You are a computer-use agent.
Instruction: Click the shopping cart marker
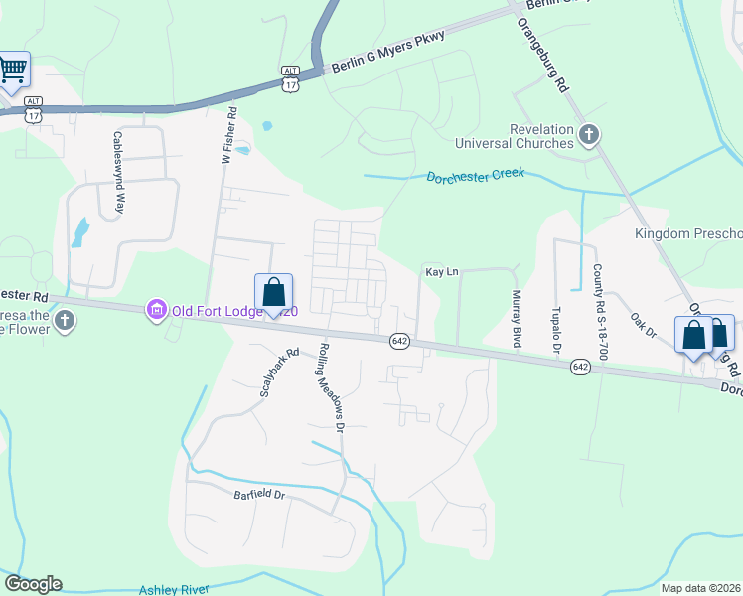point(13,71)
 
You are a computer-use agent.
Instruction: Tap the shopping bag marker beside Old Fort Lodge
point(274,293)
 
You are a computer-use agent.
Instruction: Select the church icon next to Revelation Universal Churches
point(589,133)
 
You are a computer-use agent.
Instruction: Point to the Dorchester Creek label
point(475,176)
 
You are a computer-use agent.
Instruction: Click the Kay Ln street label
point(441,271)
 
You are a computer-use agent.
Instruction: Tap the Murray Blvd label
point(516,318)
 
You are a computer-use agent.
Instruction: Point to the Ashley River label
point(174,589)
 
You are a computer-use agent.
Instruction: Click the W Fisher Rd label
point(227,136)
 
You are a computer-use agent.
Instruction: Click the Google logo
point(33,584)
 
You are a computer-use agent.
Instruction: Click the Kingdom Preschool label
point(688,234)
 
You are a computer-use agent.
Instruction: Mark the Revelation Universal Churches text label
point(541,136)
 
